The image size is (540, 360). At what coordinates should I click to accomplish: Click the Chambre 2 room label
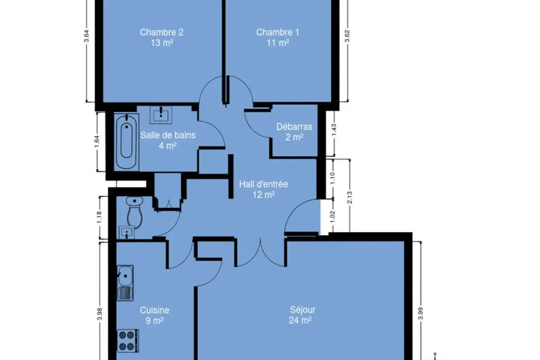click(162, 32)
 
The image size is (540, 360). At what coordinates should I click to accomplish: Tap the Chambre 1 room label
click(278, 32)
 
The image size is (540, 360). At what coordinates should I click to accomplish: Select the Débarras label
click(294, 126)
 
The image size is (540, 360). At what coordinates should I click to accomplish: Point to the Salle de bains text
click(168, 135)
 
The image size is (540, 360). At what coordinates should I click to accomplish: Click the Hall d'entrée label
click(264, 184)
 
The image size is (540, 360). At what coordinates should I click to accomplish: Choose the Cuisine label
click(154, 310)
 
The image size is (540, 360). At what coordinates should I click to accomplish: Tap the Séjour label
click(302, 310)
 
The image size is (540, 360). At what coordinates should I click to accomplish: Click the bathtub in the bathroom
click(126, 141)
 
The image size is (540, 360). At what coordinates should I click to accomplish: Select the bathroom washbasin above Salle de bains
click(161, 115)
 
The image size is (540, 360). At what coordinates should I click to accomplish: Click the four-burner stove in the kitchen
click(127, 341)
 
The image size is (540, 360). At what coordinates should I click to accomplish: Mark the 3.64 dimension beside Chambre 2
click(86, 36)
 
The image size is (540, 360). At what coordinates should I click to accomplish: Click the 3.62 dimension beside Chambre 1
click(347, 36)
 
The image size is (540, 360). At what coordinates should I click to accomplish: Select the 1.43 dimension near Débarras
click(334, 130)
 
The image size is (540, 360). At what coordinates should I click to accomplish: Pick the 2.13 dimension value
click(350, 197)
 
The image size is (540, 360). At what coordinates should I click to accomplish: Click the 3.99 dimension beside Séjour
click(420, 314)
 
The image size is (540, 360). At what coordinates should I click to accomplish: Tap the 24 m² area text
click(301, 320)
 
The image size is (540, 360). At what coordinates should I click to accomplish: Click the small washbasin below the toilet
click(127, 232)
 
